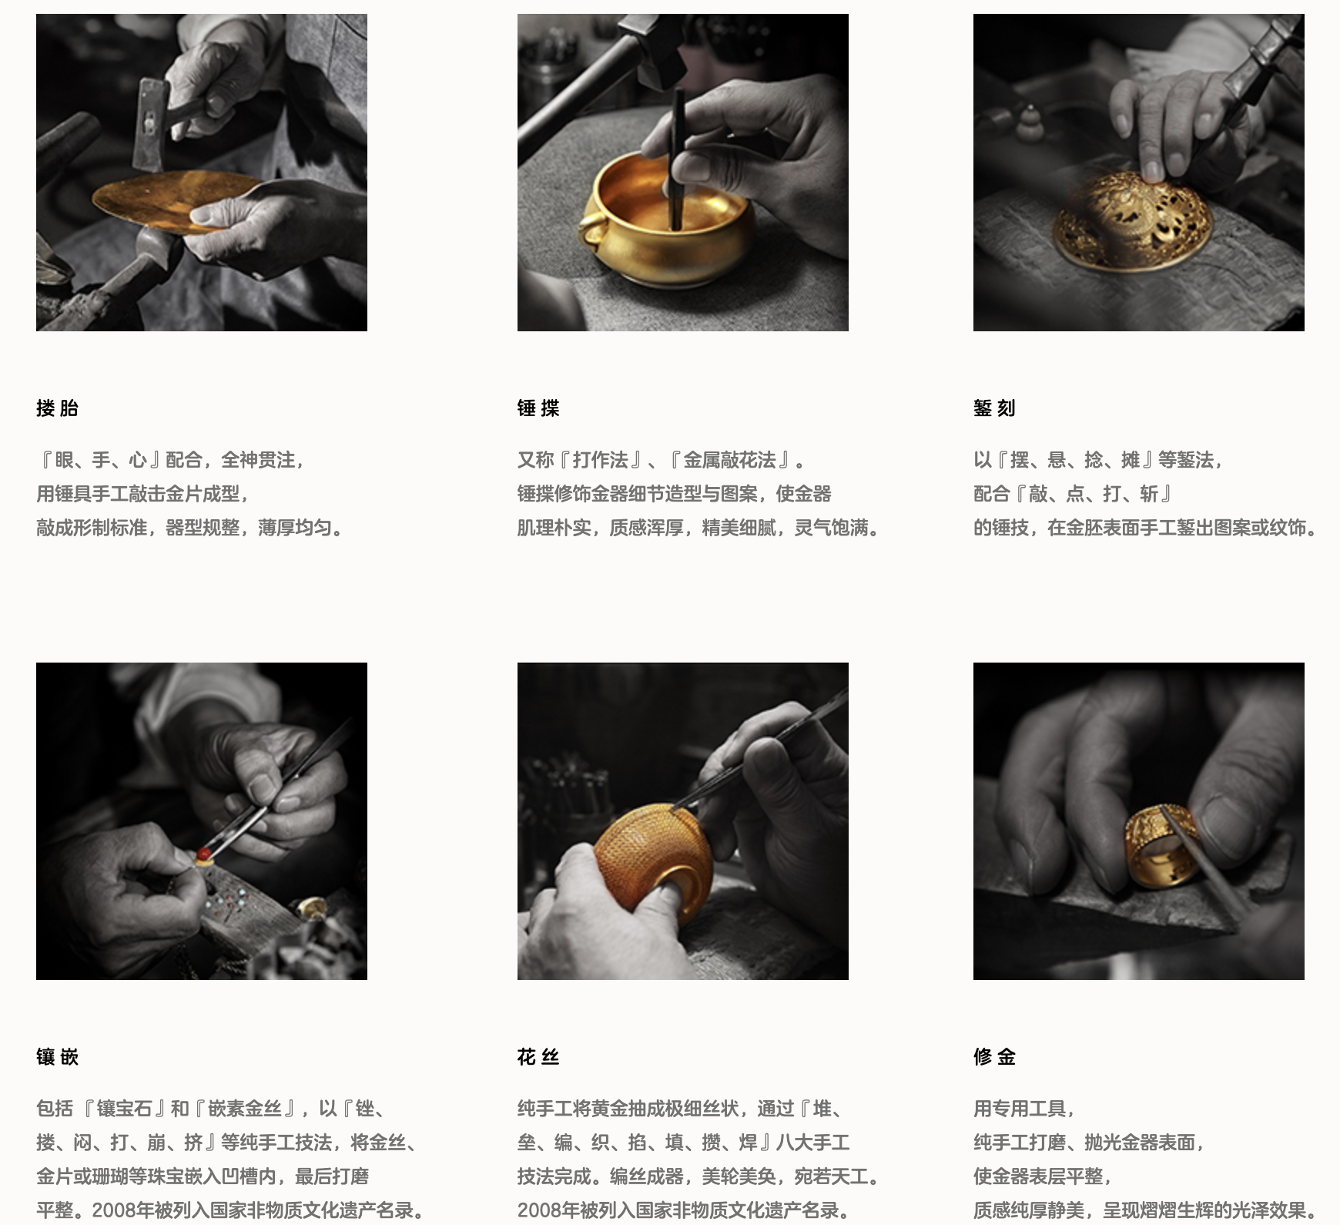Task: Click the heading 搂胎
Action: (57, 408)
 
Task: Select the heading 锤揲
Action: (538, 408)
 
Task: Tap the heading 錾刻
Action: (994, 408)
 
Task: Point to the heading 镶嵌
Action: (57, 1056)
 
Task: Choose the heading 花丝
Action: (538, 1056)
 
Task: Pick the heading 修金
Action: (994, 1056)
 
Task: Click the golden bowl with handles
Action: (662, 223)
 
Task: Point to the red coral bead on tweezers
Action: (203, 854)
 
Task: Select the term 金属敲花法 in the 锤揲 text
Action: (729, 460)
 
